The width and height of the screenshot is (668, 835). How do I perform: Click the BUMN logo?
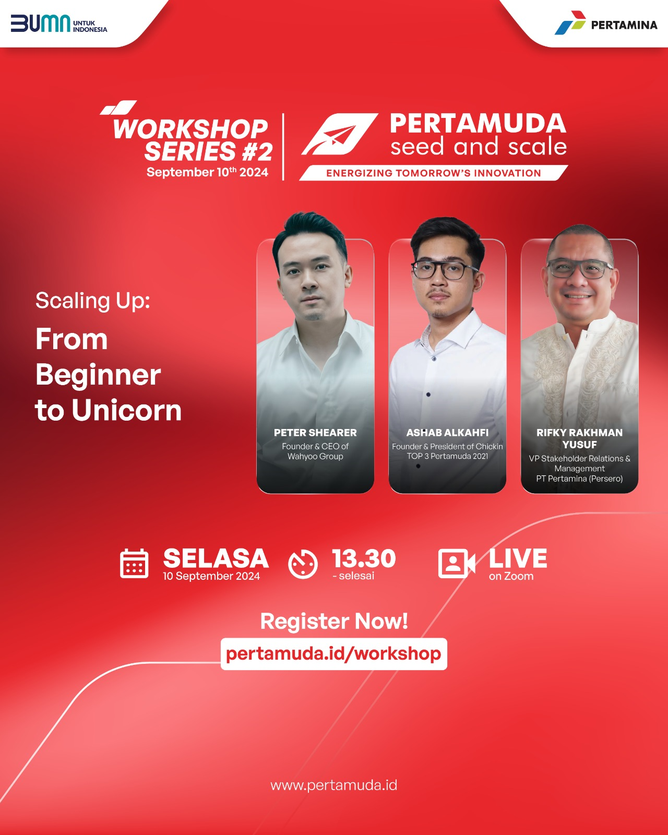click(x=59, y=23)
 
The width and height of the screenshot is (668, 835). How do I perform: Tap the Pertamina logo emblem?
click(x=570, y=22)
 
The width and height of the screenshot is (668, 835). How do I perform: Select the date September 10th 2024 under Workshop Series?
click(x=207, y=172)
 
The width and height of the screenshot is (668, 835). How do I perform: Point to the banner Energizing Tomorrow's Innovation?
click(x=434, y=173)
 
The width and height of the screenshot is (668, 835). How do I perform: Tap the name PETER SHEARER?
click(x=315, y=433)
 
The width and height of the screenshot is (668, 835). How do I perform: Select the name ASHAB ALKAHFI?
click(x=447, y=433)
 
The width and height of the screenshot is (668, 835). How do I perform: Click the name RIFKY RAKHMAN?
click(x=579, y=433)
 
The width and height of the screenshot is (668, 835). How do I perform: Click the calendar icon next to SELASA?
click(x=134, y=564)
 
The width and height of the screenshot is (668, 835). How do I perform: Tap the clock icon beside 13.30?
click(x=303, y=564)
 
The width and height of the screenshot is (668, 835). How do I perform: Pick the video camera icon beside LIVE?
click(x=457, y=564)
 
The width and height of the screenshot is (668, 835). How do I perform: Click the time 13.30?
click(x=364, y=558)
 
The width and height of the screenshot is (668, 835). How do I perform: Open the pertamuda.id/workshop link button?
click(x=334, y=654)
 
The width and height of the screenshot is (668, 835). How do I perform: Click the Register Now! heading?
click(x=334, y=621)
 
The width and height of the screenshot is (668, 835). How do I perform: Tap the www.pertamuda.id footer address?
click(x=334, y=785)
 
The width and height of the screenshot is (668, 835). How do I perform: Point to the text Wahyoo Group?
click(x=315, y=456)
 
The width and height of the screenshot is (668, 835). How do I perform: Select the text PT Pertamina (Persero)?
click(x=579, y=479)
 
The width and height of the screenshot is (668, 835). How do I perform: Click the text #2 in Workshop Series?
click(x=257, y=151)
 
